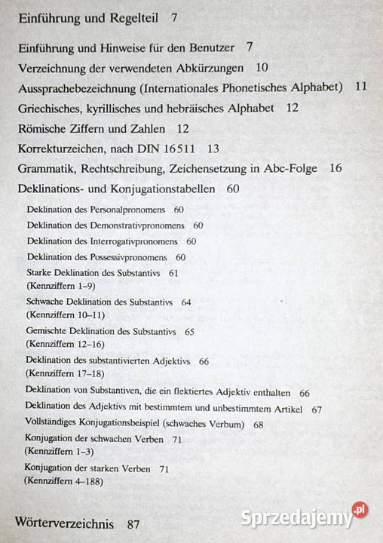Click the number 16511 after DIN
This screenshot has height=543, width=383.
[175, 149]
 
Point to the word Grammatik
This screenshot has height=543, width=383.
[48, 168]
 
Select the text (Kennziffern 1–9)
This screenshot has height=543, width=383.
[57, 286]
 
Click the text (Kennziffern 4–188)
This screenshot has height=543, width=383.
[63, 480]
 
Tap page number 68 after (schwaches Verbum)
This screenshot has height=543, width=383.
[258, 425]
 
